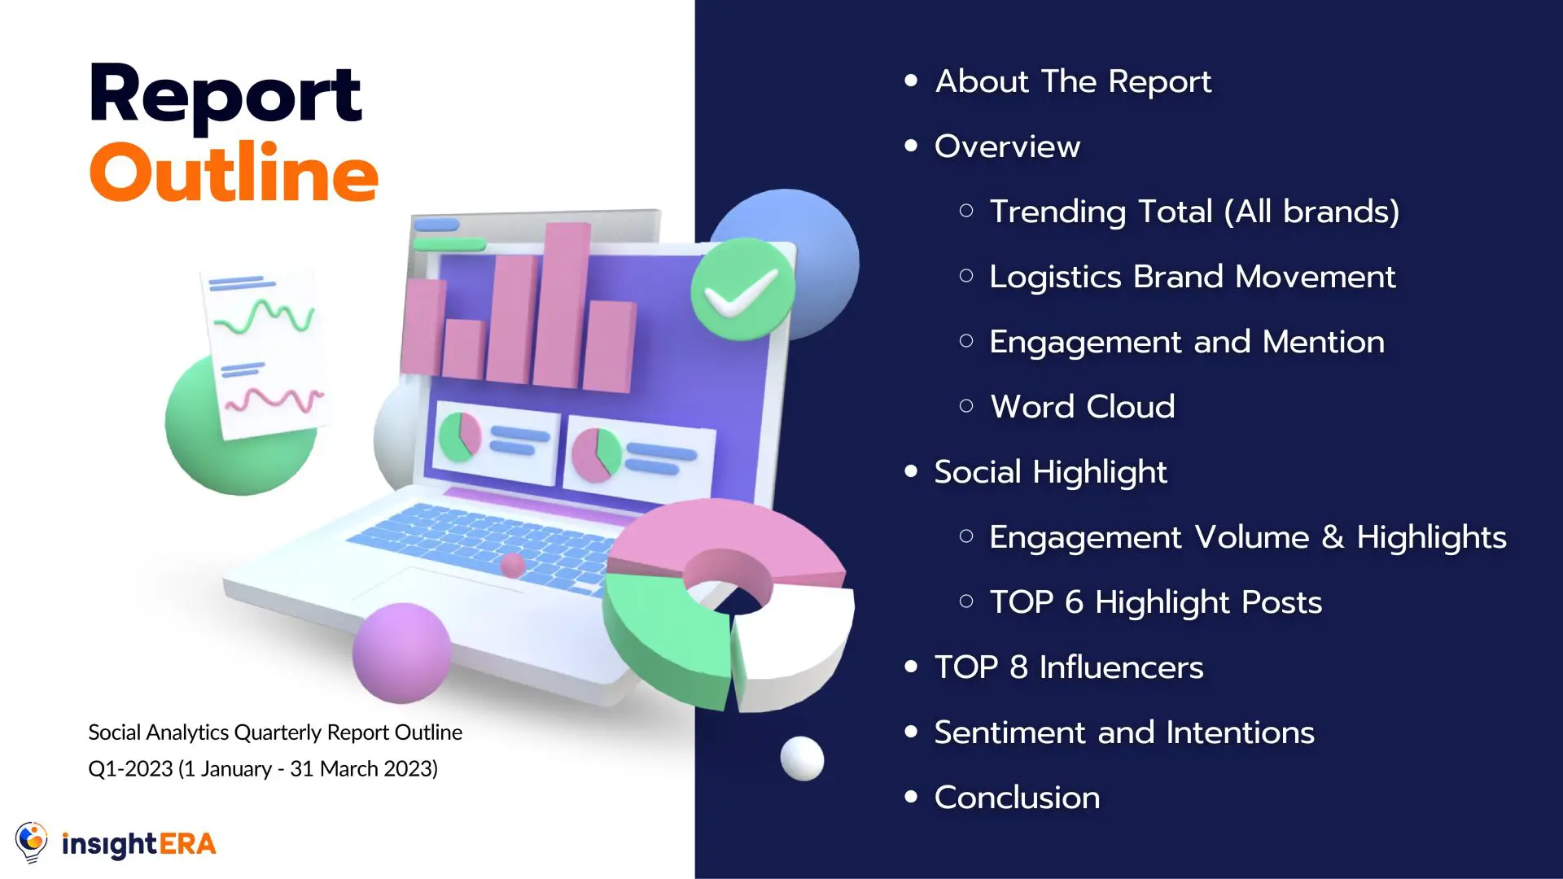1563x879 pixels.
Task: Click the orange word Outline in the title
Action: pos(234,173)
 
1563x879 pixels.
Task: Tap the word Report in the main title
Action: pos(225,94)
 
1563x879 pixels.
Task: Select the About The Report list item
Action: pos(1073,81)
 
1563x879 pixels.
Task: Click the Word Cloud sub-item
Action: pos(1082,407)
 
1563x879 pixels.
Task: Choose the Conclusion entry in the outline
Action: pos(1017,798)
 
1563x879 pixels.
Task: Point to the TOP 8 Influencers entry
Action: pos(1068,667)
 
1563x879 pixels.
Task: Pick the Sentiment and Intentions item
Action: pos(1124,732)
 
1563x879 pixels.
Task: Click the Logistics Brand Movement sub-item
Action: pos(1192,277)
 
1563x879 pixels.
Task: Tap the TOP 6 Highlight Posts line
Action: pos(1155,602)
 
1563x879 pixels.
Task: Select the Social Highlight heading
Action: pos(1050,472)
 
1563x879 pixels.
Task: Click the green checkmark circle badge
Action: pos(742,289)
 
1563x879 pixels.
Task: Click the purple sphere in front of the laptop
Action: pos(401,653)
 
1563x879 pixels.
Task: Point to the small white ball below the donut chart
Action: pos(802,759)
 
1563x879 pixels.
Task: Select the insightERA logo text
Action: pos(139,844)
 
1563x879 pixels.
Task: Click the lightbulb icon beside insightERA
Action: pos(32,842)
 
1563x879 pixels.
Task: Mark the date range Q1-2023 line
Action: pos(263,769)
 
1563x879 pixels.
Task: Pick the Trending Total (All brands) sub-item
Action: pos(1193,212)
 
